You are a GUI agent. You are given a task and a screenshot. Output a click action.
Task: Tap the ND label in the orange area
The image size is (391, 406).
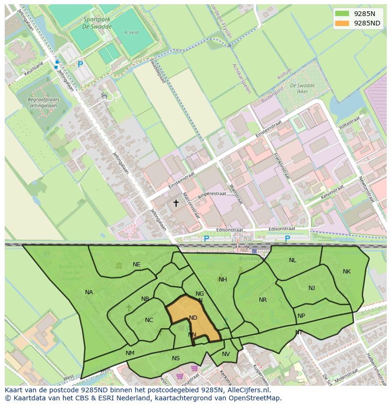(x=193, y=318)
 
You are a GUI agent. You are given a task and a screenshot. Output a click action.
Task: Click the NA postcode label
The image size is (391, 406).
(x=89, y=292)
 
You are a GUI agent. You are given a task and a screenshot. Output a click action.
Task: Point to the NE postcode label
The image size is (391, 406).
(x=136, y=265)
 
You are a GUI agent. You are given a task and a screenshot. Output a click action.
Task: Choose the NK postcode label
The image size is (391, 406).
(x=347, y=272)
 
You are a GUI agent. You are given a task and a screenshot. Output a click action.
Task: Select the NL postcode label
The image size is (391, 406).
(x=293, y=260)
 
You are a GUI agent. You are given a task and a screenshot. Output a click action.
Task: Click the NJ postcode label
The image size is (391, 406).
(x=312, y=288)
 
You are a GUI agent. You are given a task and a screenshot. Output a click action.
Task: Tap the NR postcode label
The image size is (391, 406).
(x=263, y=300)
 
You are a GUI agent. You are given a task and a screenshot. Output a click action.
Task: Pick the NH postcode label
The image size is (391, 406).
(x=223, y=280)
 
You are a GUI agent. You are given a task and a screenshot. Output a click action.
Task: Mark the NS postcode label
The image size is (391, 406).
(x=176, y=358)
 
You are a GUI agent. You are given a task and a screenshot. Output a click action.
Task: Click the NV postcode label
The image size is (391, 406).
(x=226, y=354)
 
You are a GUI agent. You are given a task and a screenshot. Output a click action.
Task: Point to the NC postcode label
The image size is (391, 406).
(x=149, y=320)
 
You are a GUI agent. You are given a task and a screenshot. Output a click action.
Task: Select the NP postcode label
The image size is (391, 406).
(x=301, y=316)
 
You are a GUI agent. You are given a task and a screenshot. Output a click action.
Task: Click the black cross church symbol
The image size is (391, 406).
(x=176, y=203)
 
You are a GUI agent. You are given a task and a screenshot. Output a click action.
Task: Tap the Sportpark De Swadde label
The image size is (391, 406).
(x=97, y=23)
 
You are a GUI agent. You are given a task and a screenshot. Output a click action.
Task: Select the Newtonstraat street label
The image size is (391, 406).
(x=366, y=189)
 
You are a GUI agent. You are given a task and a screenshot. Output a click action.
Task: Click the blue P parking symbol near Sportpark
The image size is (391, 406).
(x=80, y=64)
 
